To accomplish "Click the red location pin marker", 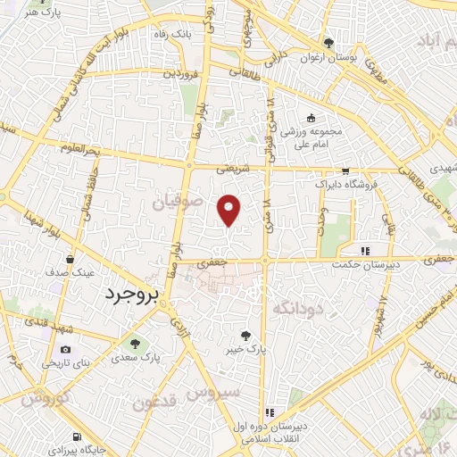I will point(229,210).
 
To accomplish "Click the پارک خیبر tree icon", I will point(245,337).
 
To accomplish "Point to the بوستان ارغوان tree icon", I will point(329,42).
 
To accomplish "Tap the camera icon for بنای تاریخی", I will point(65,350).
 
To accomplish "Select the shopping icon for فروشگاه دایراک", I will point(345,171).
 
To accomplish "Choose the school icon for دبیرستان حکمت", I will point(363,250).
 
